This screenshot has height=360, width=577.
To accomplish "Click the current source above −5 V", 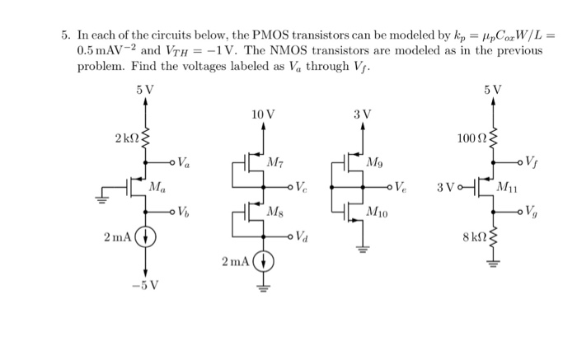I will coord(146,239).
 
